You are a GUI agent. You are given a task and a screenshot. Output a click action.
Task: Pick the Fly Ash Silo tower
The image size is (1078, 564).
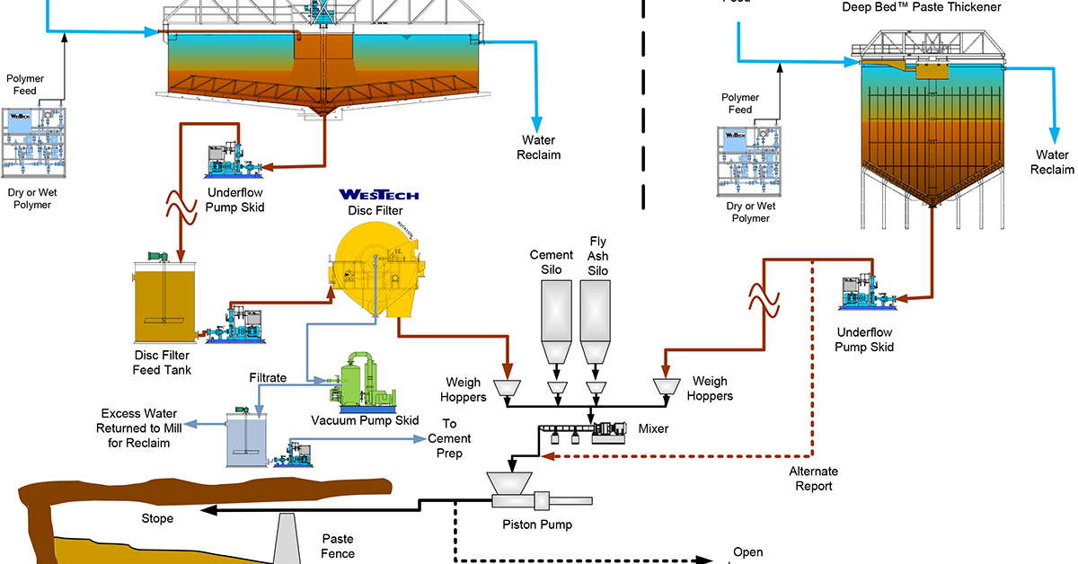tap(594, 319)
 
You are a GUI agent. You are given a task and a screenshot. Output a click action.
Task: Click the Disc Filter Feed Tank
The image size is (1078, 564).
tap(166, 301)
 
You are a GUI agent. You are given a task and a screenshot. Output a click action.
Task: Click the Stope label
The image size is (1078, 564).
tap(157, 518)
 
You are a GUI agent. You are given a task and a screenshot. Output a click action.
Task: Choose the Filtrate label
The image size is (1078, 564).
tap(268, 378)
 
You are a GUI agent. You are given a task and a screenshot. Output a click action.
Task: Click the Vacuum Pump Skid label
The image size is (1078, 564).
tap(365, 421)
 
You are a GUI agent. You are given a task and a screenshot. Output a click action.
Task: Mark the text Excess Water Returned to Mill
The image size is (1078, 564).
tap(135, 427)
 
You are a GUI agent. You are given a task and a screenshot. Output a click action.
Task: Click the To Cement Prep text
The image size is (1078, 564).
tap(449, 438)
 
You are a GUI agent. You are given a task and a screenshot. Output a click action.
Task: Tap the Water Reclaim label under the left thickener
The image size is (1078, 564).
tap(538, 147)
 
